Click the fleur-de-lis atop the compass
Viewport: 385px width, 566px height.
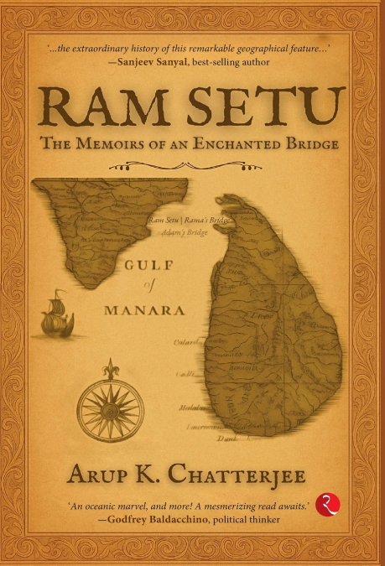click(109, 369)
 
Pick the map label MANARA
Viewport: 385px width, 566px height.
click(144, 310)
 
